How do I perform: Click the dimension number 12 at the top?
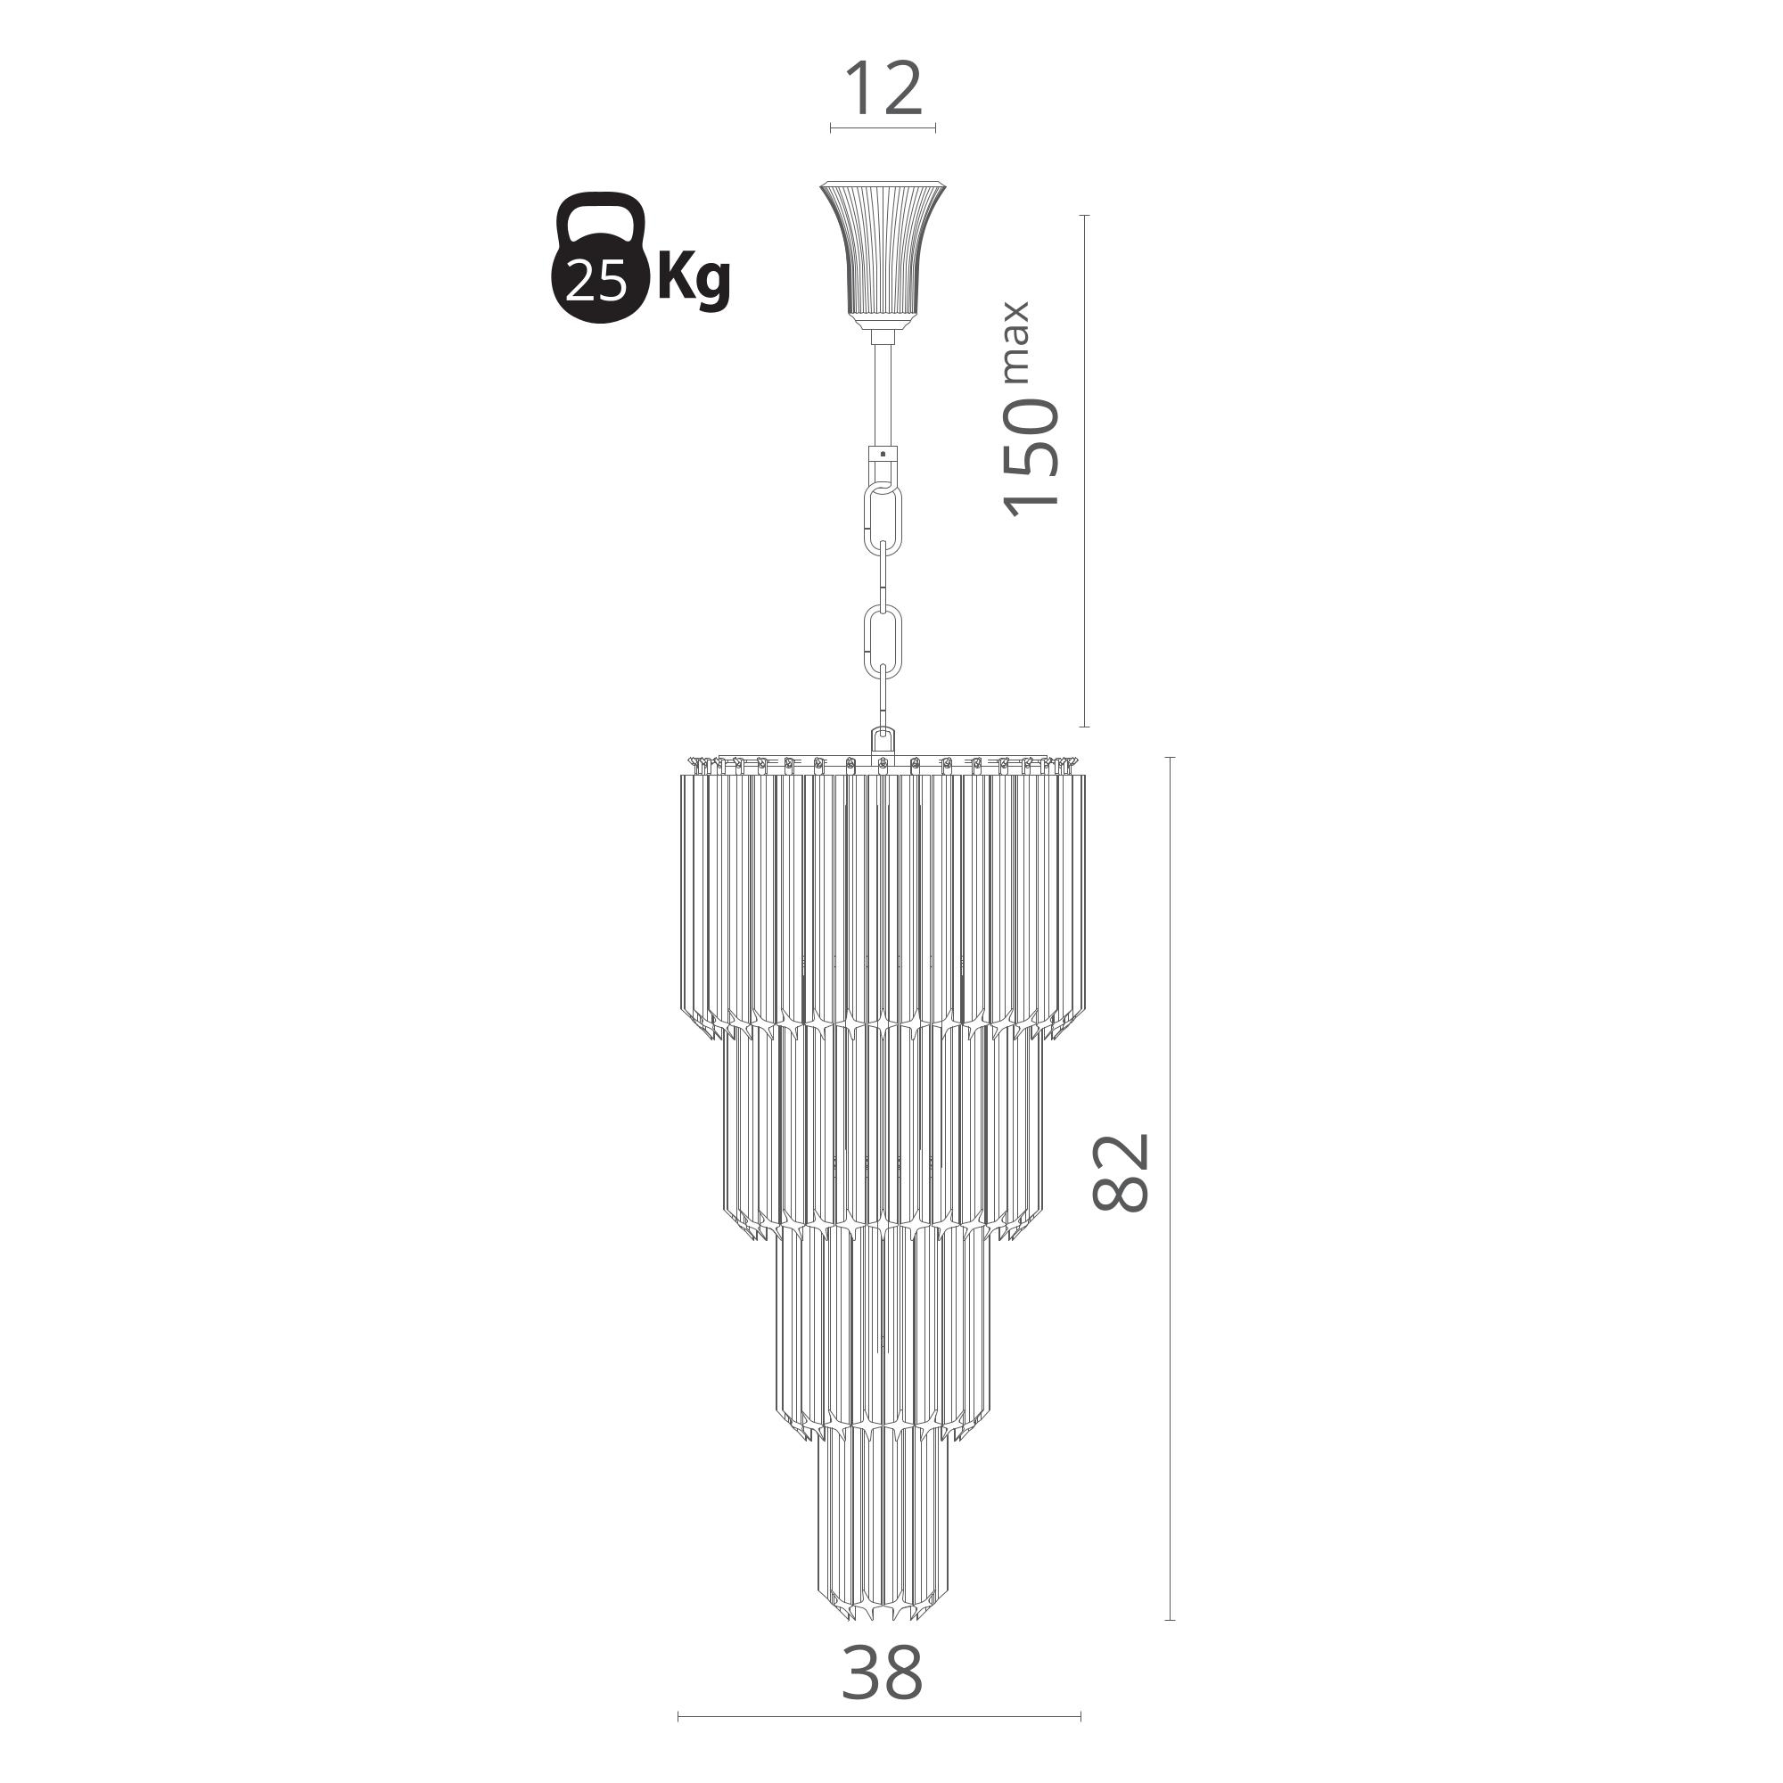click(x=883, y=88)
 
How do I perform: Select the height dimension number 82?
click(x=1122, y=1171)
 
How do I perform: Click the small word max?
click(x=1015, y=341)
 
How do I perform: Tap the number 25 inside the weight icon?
click(x=596, y=281)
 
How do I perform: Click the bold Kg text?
click(x=693, y=277)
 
